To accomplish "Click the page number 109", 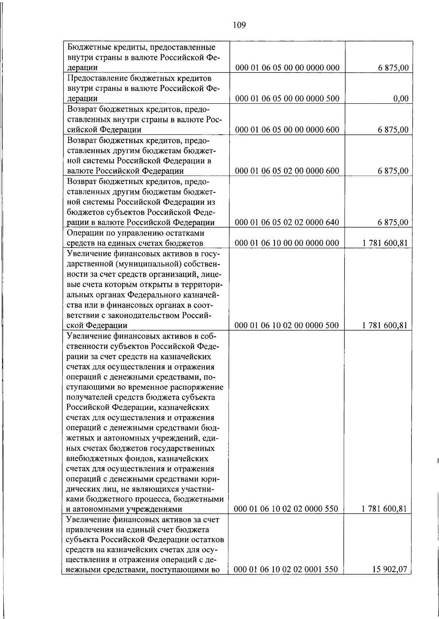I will [x=239, y=25].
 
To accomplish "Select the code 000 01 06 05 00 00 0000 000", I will [x=288, y=68].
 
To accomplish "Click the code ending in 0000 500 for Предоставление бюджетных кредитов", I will [x=288, y=98].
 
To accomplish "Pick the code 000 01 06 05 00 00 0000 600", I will [x=288, y=130].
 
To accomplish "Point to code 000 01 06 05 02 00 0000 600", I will [x=288, y=171].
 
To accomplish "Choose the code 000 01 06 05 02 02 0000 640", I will [x=288, y=222].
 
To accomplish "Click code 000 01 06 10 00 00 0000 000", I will [x=288, y=243].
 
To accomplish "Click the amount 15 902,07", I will [x=390, y=569].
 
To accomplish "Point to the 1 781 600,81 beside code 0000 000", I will [x=384, y=243].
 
